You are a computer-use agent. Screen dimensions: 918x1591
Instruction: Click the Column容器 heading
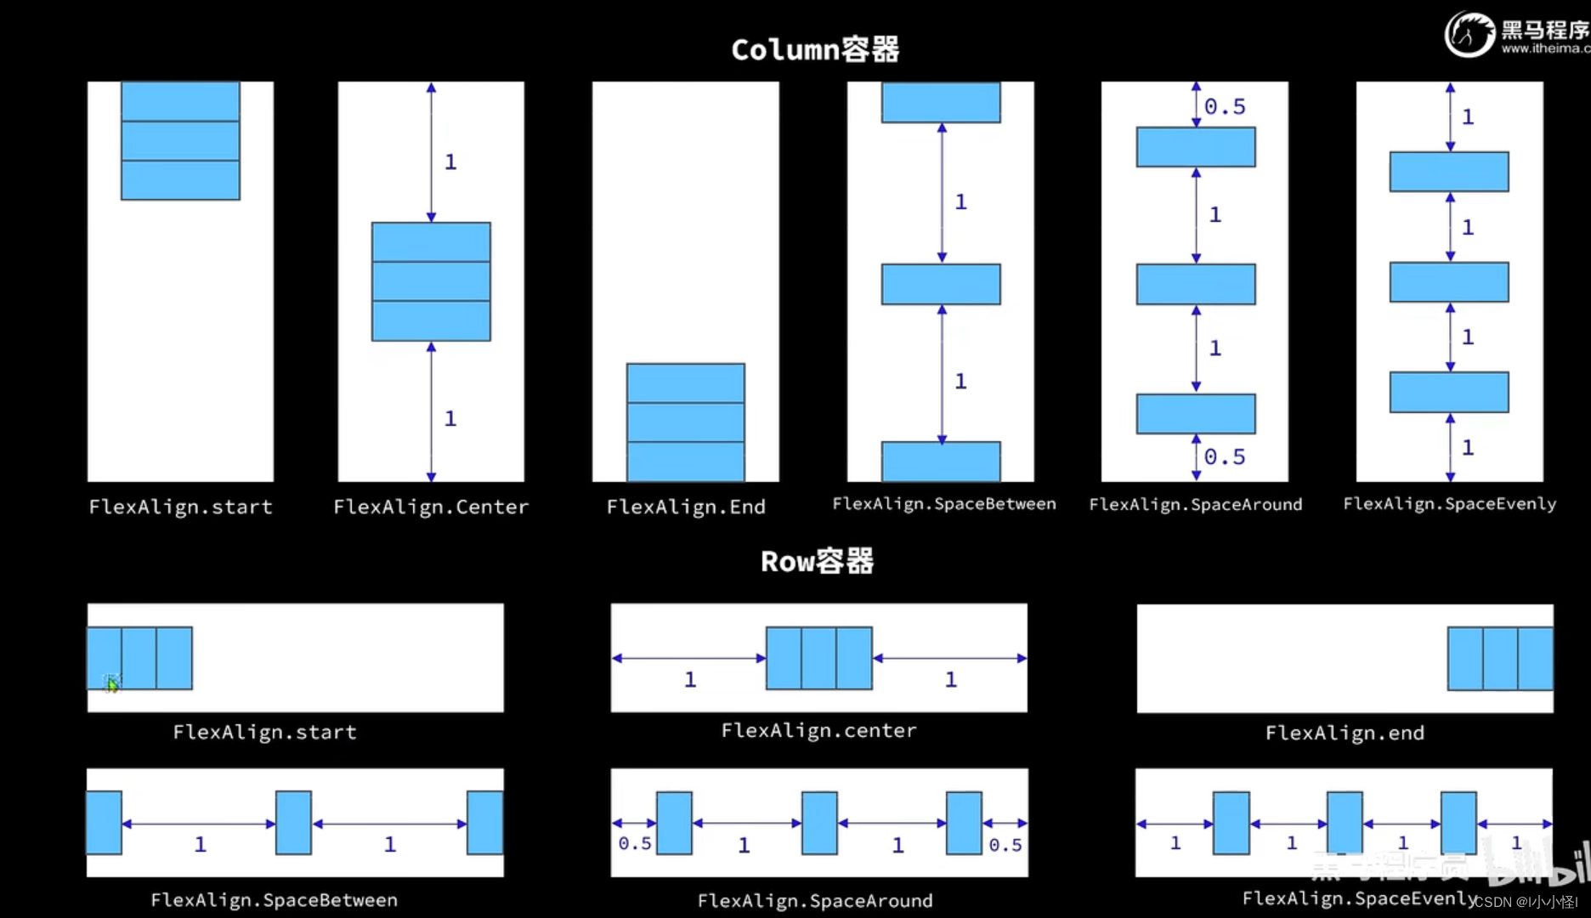tap(815, 49)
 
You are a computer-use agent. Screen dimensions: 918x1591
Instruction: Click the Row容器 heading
tap(817, 561)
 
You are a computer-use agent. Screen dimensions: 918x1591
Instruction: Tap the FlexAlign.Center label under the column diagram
tap(431, 507)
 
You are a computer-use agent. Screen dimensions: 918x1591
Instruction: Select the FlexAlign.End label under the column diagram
tap(686, 507)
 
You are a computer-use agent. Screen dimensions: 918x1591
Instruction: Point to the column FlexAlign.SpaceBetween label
tap(944, 504)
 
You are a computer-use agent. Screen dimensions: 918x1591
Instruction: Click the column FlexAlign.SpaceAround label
tap(1195, 505)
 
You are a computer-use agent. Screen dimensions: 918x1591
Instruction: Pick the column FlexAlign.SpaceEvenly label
tap(1450, 504)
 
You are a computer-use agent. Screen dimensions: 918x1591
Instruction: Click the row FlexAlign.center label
tap(818, 731)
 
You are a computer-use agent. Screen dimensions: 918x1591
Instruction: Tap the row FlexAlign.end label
tap(1345, 733)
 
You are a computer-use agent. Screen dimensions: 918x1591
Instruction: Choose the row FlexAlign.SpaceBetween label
tap(274, 900)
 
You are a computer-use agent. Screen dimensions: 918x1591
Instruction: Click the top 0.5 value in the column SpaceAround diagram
tap(1225, 107)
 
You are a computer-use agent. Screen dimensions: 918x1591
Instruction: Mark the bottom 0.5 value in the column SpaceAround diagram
tap(1225, 457)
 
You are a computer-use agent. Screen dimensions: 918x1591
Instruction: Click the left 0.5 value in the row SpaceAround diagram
tap(635, 844)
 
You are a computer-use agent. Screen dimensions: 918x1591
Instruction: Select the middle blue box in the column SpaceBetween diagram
tap(941, 285)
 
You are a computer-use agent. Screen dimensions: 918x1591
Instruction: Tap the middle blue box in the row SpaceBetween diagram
tap(293, 823)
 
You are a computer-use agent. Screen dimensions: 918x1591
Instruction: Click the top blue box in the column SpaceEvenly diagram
tap(1449, 172)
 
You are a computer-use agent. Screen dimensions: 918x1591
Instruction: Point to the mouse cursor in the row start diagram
tap(112, 683)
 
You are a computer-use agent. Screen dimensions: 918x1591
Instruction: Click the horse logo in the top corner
tap(1469, 34)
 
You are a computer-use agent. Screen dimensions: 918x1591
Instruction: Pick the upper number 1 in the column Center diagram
tap(450, 161)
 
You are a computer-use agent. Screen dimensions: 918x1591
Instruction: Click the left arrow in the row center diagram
tap(688, 658)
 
